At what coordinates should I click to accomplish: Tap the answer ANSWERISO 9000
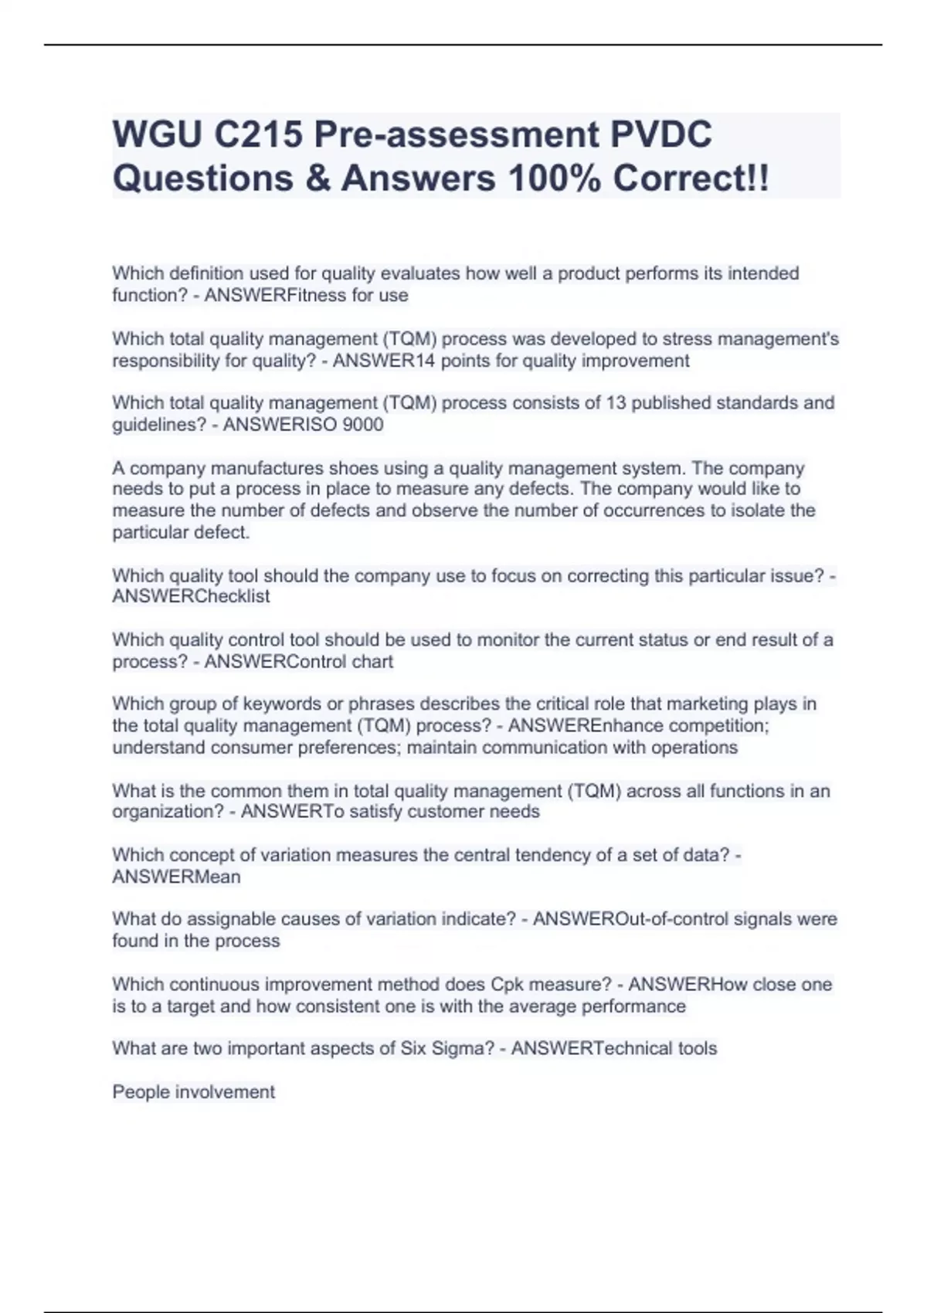pos(303,425)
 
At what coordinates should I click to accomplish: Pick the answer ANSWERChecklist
pos(191,596)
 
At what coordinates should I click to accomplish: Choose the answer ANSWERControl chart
pos(298,661)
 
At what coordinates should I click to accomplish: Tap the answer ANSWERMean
pos(176,877)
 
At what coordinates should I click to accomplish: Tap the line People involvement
pos(193,1091)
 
